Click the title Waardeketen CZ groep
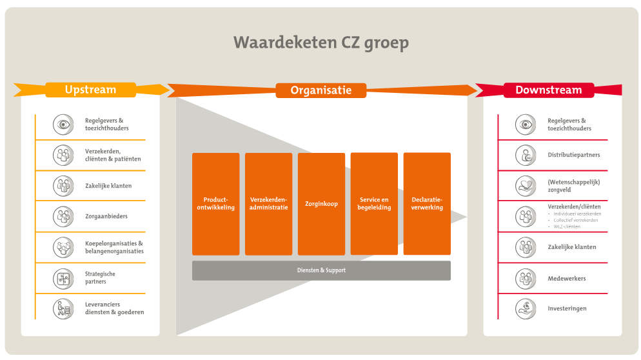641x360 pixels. pos(320,43)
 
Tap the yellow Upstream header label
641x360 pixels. pos(90,90)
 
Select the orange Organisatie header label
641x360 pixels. pos(320,90)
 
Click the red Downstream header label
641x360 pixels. pos(548,90)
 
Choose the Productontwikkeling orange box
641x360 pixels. pos(215,204)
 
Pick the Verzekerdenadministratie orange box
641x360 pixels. pos(268,204)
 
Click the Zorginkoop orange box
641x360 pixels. pos(321,204)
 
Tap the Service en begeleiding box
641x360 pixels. pos(374,204)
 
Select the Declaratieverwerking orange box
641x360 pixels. pos(427,204)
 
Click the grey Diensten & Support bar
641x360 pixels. pos(321,270)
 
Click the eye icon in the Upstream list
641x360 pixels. pos(63,124)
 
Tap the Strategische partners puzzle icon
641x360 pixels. pos(63,278)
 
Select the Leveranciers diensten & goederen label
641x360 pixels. pos(114,308)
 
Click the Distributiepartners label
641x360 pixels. pos(573,155)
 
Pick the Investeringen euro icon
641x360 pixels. pos(526,308)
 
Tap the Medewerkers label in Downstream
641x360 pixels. pos(566,279)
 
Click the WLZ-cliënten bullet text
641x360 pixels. pos(567,226)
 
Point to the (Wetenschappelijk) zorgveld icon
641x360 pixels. pos(526,186)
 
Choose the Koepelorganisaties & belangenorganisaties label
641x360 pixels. pos(114,247)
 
